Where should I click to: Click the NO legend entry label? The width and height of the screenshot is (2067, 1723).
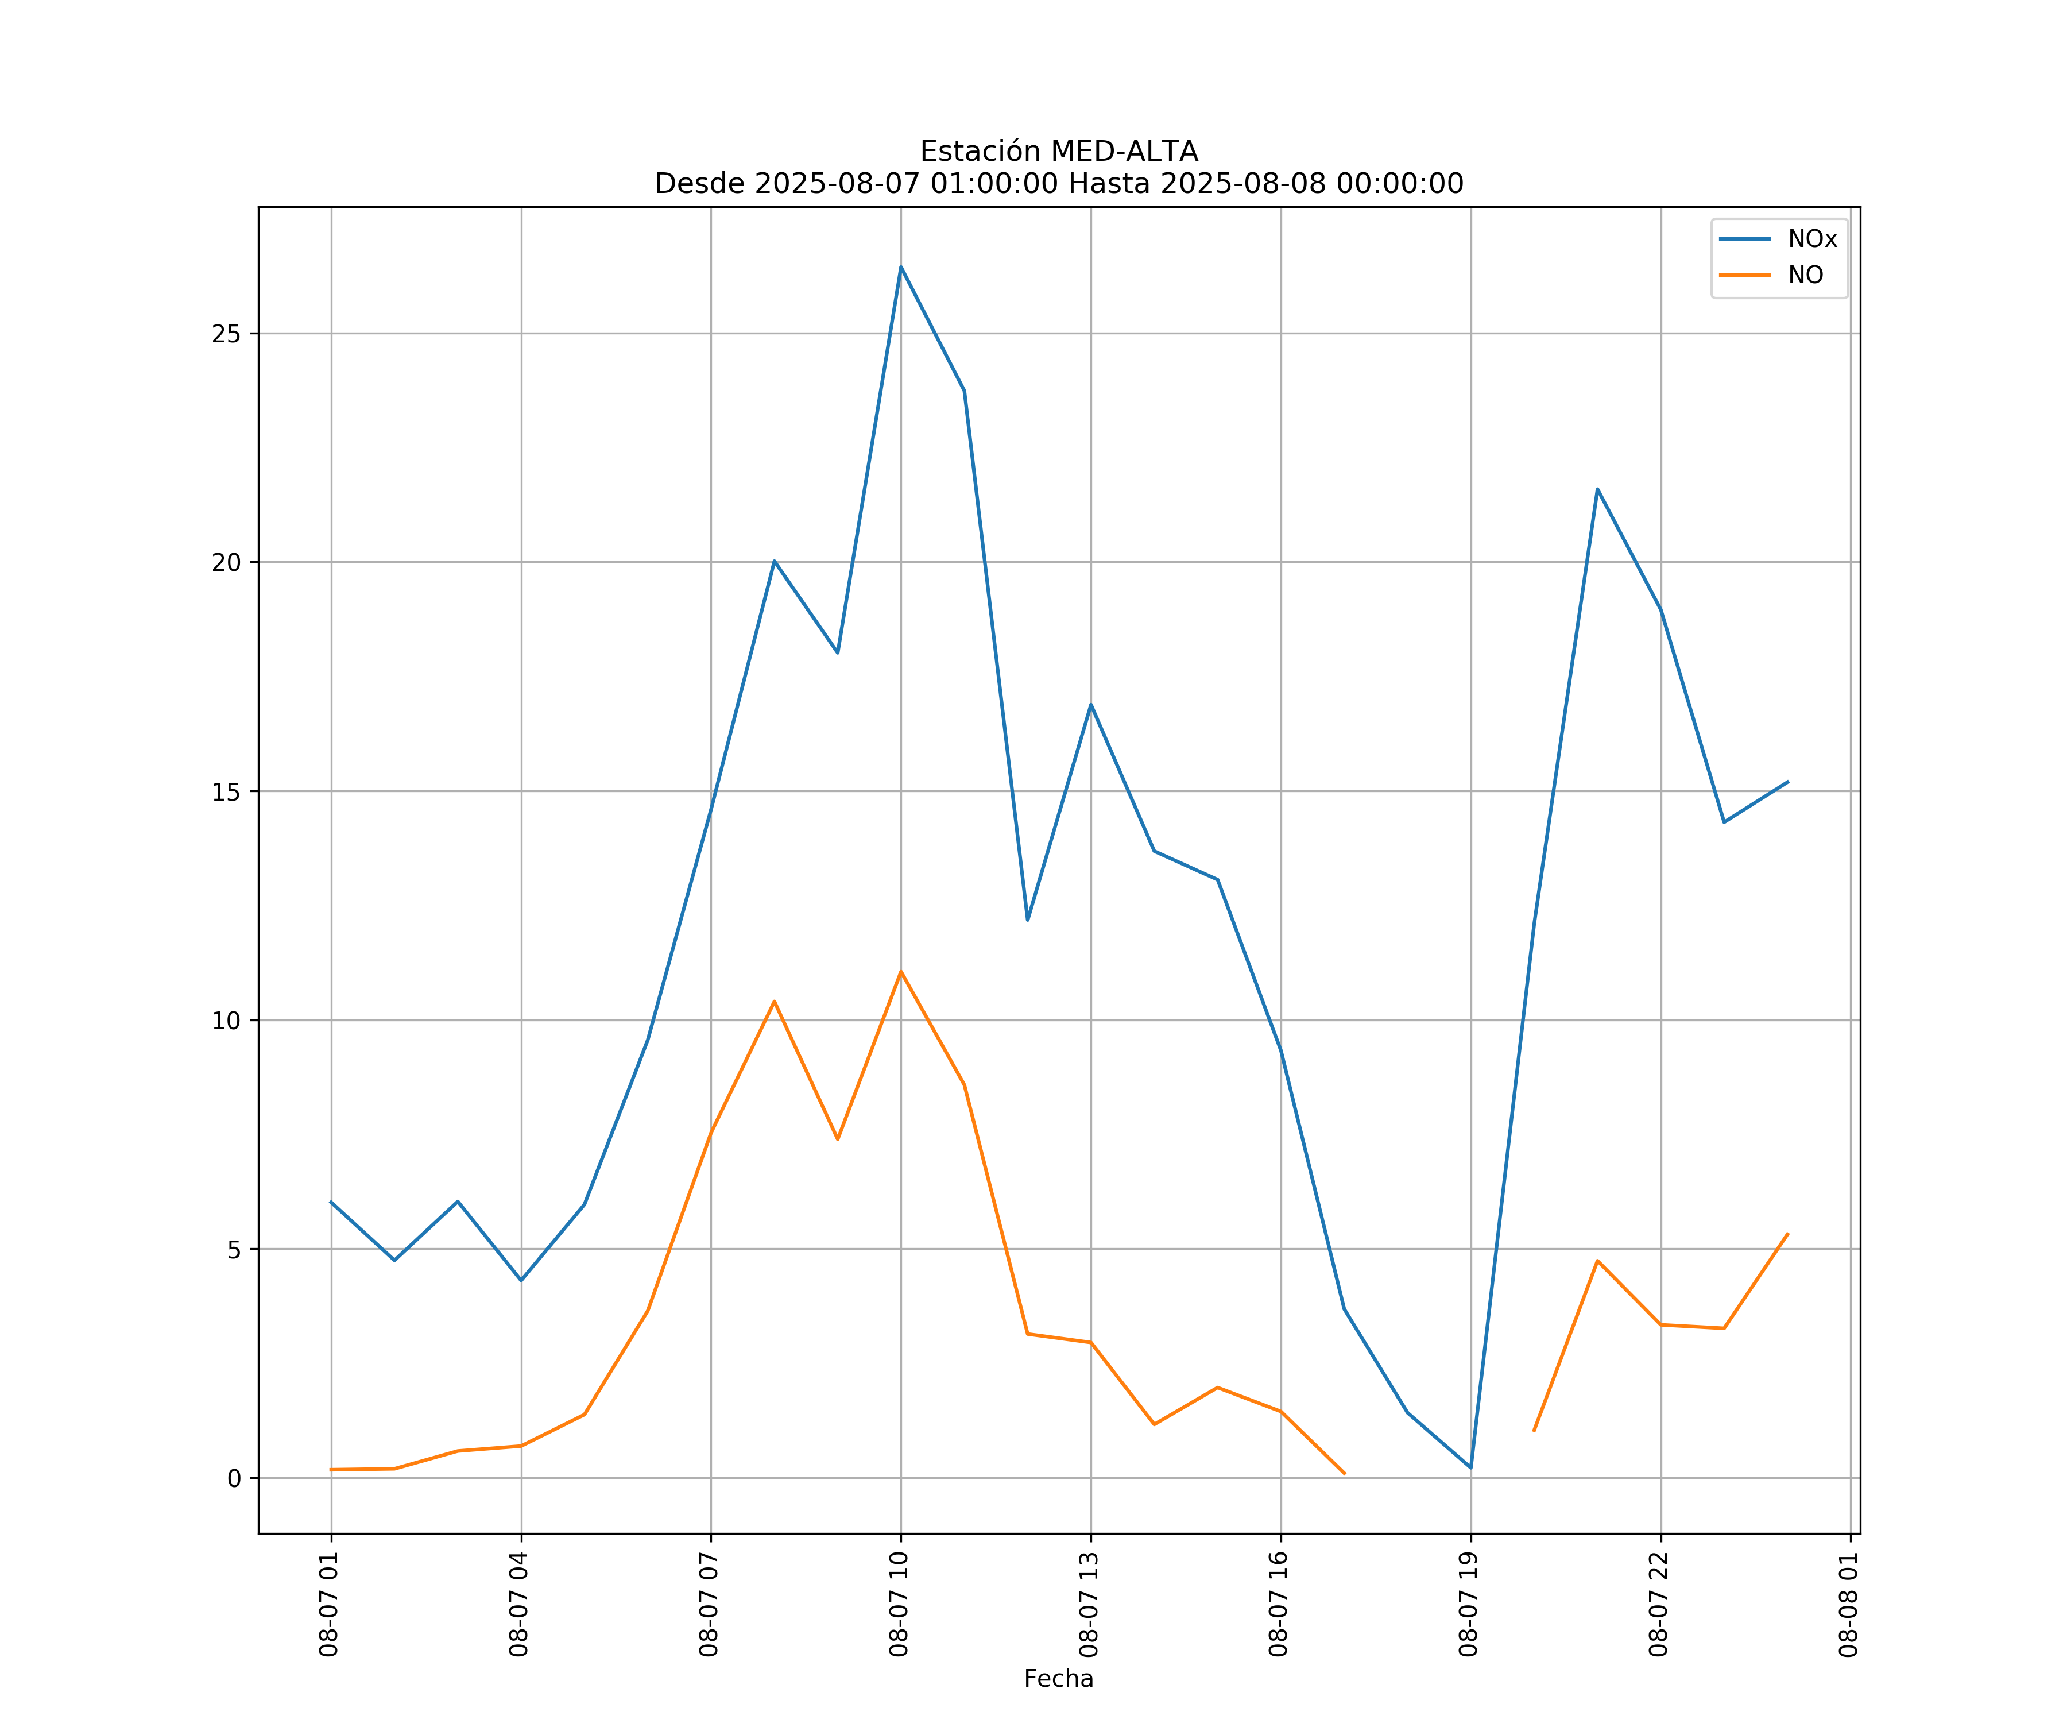pyautogui.click(x=1805, y=276)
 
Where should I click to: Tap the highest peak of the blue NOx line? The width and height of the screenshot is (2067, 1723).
pyautogui.click(x=901, y=267)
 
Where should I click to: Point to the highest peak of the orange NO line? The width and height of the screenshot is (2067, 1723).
pyautogui.click(x=901, y=972)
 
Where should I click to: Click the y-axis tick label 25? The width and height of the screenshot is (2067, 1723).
pyautogui.click(x=226, y=334)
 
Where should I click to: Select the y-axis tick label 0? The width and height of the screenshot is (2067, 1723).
pyautogui.click(x=233, y=1479)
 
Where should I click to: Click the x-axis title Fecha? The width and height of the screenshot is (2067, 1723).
pyautogui.click(x=1058, y=1679)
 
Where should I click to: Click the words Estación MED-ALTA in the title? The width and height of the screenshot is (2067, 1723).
pyautogui.click(x=1058, y=152)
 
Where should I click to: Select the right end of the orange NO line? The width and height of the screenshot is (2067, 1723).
pyautogui.click(x=1787, y=1234)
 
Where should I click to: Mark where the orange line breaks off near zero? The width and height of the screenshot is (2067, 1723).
pyautogui.click(x=1345, y=1474)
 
